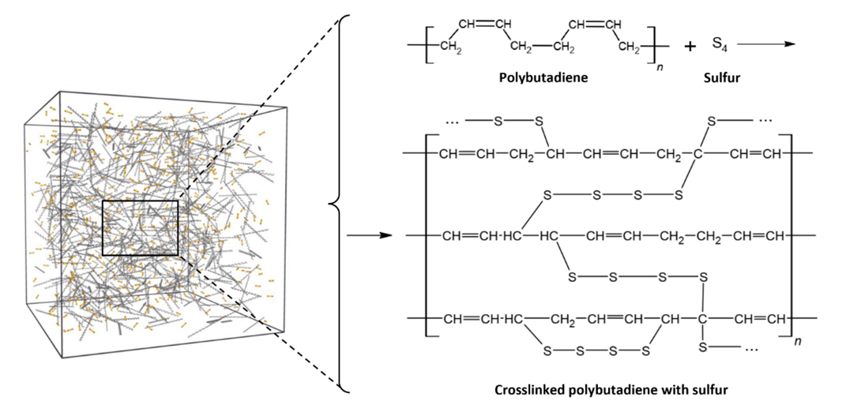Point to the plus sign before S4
[690, 47]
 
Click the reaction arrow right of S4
[766, 44]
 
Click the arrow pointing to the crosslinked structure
[368, 236]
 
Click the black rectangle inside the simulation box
[141, 228]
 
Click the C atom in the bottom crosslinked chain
[702, 319]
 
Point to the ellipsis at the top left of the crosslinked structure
[452, 121]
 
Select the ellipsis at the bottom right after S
[750, 349]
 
